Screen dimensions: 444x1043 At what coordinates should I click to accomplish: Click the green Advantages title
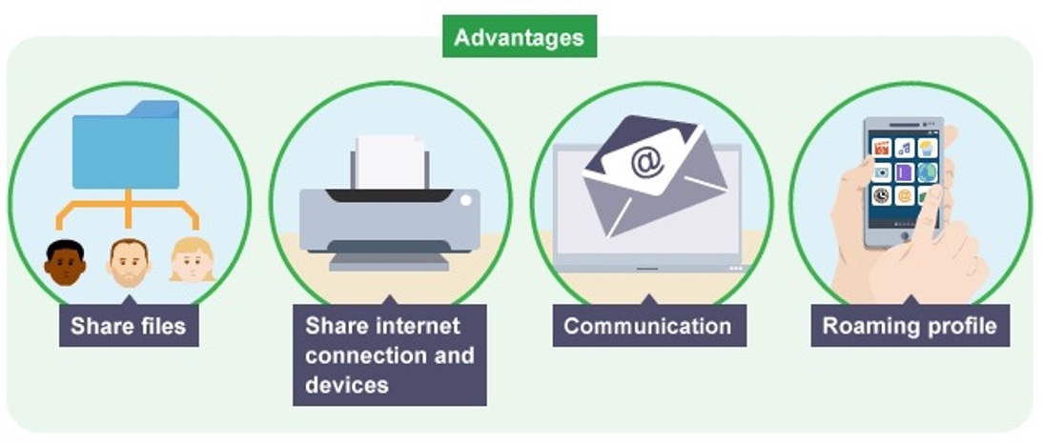519,37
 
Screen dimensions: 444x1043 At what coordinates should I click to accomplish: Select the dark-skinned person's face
65,263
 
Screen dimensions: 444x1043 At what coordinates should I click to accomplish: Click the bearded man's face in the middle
129,262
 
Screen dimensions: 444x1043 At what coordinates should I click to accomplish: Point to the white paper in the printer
391,162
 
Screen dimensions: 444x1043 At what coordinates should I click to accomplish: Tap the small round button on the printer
465,201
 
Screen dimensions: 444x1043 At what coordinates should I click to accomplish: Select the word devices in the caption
347,385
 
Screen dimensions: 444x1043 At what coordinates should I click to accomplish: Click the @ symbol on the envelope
647,163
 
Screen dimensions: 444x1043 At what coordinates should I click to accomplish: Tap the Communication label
647,327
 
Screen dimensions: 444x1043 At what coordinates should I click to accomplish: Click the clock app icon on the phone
882,196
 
